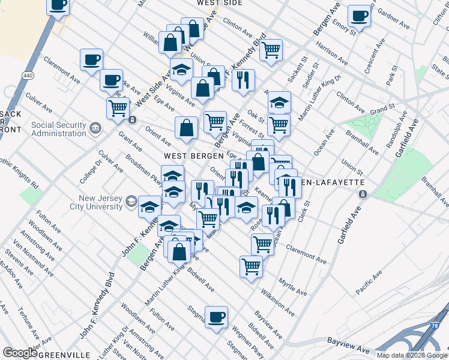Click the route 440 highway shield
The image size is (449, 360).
tap(27, 76)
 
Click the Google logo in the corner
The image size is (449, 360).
tap(20, 353)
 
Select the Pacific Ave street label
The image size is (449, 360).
tap(368, 283)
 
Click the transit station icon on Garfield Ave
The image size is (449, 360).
tap(363, 194)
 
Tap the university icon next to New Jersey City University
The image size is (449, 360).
tap(131, 203)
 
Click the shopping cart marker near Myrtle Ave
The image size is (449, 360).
tap(251, 266)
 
